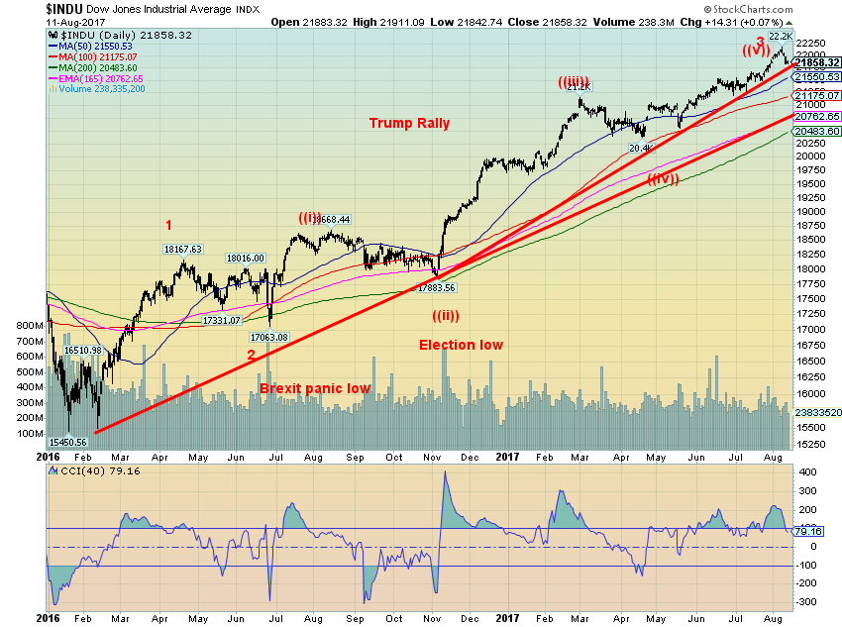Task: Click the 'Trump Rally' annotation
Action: pyautogui.click(x=409, y=124)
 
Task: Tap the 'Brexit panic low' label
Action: pyautogui.click(x=315, y=388)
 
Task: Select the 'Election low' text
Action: pyautogui.click(x=461, y=345)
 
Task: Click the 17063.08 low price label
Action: pyautogui.click(x=268, y=337)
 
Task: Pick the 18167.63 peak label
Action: pyautogui.click(x=183, y=249)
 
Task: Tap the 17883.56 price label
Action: pyautogui.click(x=436, y=287)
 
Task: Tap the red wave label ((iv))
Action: pyautogui.click(x=664, y=179)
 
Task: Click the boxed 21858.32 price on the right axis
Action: pyautogui.click(x=817, y=62)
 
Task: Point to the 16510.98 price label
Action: pyautogui.click(x=84, y=350)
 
